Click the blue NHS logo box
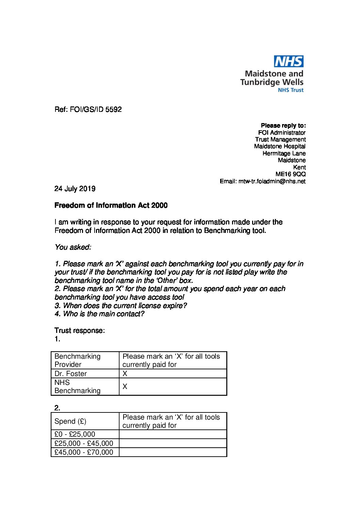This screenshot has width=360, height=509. [289, 62]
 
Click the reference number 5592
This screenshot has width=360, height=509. [114, 109]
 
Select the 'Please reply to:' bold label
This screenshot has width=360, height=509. [283, 125]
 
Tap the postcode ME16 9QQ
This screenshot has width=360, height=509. [290, 174]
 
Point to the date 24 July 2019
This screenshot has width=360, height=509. [75, 189]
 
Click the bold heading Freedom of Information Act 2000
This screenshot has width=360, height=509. [111, 205]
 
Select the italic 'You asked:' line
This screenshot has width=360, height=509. [73, 247]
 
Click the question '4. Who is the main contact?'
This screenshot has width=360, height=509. [99, 314]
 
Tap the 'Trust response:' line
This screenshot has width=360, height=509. [80, 330]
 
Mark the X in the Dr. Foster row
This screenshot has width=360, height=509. [125, 374]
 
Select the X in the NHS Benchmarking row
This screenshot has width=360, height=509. [125, 387]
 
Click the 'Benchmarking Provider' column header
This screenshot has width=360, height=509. [78, 360]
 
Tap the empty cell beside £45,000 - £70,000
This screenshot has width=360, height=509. [173, 452]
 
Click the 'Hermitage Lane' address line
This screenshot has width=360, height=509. [284, 153]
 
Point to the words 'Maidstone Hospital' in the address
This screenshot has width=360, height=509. [280, 146]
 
